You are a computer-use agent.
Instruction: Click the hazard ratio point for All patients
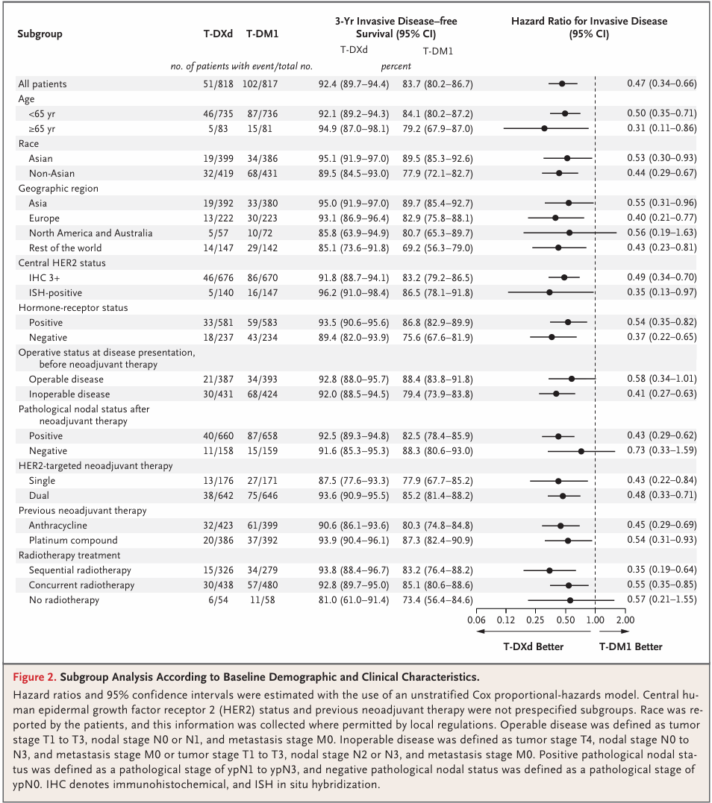tap(562, 84)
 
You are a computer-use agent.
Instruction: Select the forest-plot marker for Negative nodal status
tap(581, 451)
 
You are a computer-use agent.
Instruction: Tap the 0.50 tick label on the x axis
tap(565, 620)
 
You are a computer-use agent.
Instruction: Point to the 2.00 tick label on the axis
tap(625, 620)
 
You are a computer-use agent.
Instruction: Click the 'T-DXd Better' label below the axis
tap(533, 646)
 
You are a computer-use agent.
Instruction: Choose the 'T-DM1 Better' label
tap(631, 646)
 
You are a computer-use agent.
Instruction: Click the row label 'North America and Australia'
tap(90, 233)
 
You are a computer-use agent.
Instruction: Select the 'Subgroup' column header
tap(40, 34)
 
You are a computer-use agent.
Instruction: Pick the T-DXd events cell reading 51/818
tap(217, 84)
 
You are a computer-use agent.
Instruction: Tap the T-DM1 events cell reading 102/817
tap(260, 84)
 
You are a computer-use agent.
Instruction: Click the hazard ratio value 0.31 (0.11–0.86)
tap(662, 128)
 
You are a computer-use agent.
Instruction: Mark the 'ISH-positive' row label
tap(55, 292)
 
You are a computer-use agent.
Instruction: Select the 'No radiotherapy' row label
tap(63, 600)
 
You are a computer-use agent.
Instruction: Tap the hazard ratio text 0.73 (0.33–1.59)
tap(662, 451)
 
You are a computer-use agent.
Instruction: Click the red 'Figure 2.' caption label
tap(35, 678)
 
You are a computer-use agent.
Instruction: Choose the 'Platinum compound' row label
tap(73, 541)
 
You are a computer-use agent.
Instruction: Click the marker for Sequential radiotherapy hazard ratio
tap(549, 570)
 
